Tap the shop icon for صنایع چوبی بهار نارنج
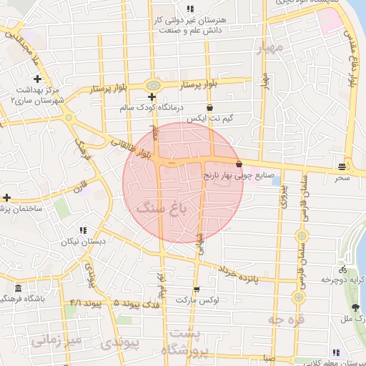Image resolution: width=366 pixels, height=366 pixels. [238, 164]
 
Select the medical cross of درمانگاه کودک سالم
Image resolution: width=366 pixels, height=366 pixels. [152, 97]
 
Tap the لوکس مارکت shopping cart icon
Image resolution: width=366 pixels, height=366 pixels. [197, 290]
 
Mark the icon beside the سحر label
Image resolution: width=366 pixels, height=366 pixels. [342, 167]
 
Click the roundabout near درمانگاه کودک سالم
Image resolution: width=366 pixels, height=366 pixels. [152, 84]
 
